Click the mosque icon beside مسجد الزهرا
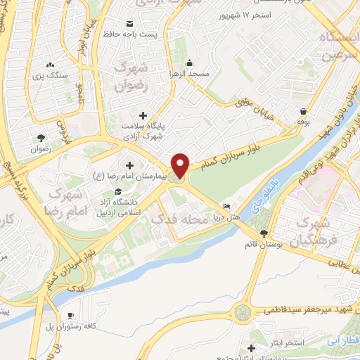click(191, 62)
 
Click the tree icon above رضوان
click(41, 138)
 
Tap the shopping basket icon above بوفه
click(303, 111)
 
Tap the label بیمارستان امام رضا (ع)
click(129, 174)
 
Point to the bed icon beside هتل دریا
click(226, 206)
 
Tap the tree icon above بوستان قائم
click(264, 233)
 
